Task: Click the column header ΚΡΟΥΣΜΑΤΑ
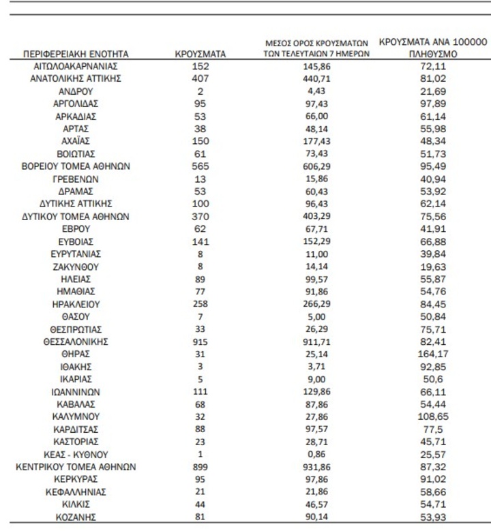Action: [200, 53]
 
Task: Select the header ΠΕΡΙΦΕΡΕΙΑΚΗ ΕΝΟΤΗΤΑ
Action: [76, 53]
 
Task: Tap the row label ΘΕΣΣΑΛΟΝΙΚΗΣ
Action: [76, 342]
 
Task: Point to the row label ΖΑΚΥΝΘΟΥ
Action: [76, 267]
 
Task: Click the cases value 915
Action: [200, 342]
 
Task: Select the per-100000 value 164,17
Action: [432, 354]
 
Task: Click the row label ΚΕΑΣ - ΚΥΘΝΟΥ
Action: [76, 454]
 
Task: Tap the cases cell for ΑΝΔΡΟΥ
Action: [200, 91]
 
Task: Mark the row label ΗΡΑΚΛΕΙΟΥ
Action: [76, 304]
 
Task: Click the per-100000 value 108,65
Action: [432, 416]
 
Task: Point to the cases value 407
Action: [200, 78]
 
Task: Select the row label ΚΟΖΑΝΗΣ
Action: [76, 517]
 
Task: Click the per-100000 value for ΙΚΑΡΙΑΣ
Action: [432, 379]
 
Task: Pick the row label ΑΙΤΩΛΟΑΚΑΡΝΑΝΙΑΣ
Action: [76, 66]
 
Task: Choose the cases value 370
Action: [200, 217]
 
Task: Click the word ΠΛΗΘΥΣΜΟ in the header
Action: [432, 54]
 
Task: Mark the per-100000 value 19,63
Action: [432, 267]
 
